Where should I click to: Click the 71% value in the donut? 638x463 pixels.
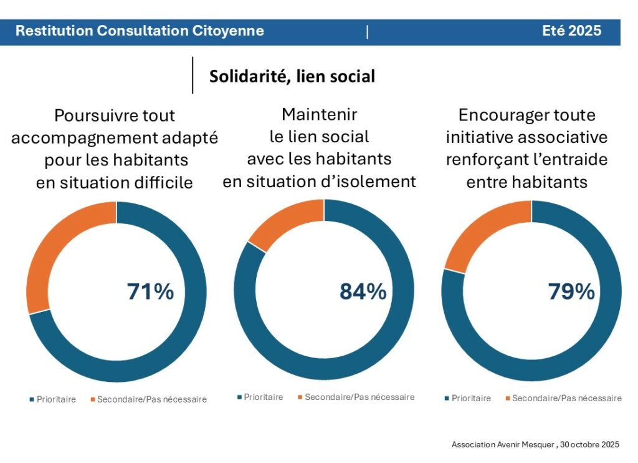pyautogui.click(x=150, y=291)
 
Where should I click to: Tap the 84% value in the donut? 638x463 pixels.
pyautogui.click(x=363, y=291)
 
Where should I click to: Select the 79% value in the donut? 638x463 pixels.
pyautogui.click(x=571, y=291)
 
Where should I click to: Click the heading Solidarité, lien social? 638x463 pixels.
pyautogui.click(x=292, y=76)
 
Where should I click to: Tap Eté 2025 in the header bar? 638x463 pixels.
pyautogui.click(x=571, y=31)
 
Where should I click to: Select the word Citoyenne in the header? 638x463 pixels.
pyautogui.click(x=229, y=31)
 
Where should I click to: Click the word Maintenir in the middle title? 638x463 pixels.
pyautogui.click(x=319, y=114)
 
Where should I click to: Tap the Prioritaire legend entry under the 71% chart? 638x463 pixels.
pyautogui.click(x=56, y=399)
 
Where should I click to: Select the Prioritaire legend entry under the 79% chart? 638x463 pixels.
pyautogui.click(x=471, y=398)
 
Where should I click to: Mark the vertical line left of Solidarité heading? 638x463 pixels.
pyautogui.click(x=193, y=76)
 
